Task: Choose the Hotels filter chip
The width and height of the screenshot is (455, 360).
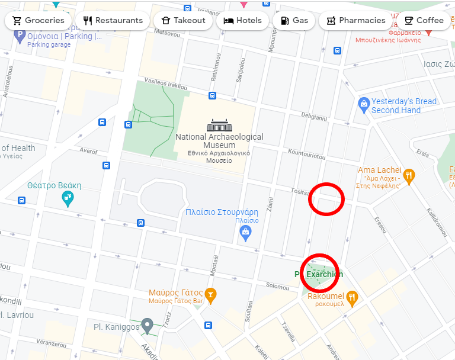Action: [x=242, y=20]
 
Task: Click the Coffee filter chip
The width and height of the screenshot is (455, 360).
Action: [x=424, y=20]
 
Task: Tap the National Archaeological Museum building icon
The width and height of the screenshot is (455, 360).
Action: [x=219, y=126]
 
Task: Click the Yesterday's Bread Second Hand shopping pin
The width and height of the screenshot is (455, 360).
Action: [x=364, y=105]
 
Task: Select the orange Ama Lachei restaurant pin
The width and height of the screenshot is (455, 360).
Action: [x=409, y=175]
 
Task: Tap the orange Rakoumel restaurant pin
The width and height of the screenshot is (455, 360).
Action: [x=352, y=297]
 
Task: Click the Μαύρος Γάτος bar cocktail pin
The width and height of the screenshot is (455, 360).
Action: [x=210, y=294]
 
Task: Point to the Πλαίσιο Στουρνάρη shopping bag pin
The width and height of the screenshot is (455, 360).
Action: [x=245, y=233]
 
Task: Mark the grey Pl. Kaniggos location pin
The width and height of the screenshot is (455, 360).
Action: [x=148, y=325]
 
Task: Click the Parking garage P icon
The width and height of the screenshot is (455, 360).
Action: [x=20, y=36]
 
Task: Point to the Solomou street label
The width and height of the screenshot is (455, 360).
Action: [x=277, y=286]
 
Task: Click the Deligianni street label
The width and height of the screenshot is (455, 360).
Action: [x=314, y=116]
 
